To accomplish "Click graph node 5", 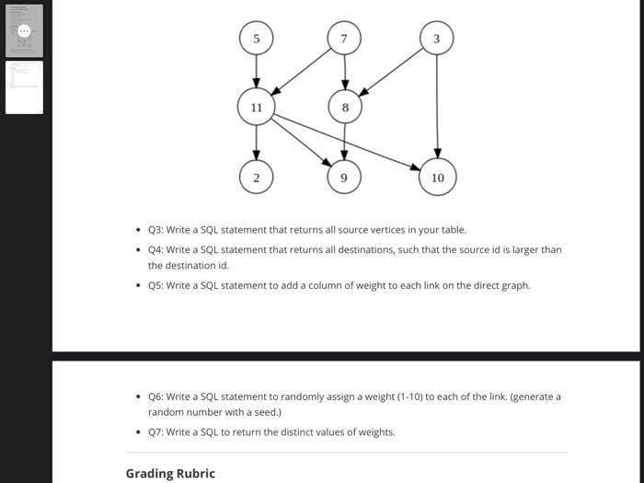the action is (x=256, y=39).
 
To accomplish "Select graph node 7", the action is (x=344, y=39).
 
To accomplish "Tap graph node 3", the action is (x=436, y=39).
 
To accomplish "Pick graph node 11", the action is (x=256, y=108).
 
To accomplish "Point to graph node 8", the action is (x=345, y=108).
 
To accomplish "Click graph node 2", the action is (x=256, y=177).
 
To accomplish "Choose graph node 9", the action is (x=344, y=177).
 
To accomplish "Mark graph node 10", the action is (x=437, y=177).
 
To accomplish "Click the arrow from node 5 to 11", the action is (x=256, y=72).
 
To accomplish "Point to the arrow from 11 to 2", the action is (x=256, y=143).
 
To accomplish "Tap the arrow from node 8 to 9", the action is (x=344, y=143).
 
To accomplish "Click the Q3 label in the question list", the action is (x=155, y=230).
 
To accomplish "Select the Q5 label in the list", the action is (x=155, y=285).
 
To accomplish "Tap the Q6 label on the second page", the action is (x=155, y=397).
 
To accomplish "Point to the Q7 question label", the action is (x=155, y=432).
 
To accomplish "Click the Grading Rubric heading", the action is (x=170, y=474).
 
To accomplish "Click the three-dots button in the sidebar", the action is (x=25, y=30).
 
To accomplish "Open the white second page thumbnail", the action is (x=24, y=87).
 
